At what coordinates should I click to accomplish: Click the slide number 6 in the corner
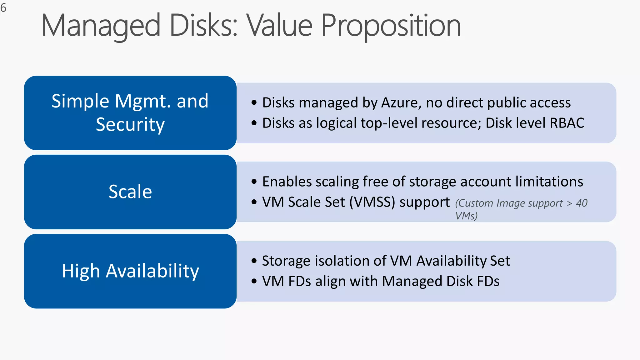pos(3,8)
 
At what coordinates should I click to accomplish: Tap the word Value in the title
pos(279,26)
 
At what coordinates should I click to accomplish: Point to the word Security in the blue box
pos(130,125)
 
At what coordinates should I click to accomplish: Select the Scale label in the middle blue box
pos(130,192)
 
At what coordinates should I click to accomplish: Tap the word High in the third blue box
pos(81,271)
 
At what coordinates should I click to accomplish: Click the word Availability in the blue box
pos(152,271)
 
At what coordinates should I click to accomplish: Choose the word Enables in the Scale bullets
pos(287,182)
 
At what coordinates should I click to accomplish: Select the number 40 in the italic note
pos(582,203)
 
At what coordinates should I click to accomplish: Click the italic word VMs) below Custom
pos(466,216)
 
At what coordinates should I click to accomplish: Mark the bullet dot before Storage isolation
pos(254,261)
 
